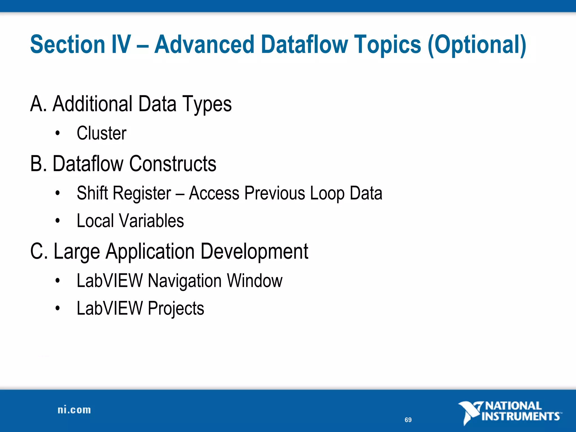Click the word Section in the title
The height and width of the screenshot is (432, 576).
click(67, 44)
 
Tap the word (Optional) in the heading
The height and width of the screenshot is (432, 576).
click(477, 45)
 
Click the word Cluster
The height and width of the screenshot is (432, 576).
click(102, 133)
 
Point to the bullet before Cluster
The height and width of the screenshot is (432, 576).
click(58, 133)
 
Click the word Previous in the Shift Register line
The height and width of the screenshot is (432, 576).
click(274, 193)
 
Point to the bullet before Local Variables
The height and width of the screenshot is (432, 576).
click(58, 221)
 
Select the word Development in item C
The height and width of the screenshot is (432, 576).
click(254, 251)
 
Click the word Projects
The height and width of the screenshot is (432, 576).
click(176, 309)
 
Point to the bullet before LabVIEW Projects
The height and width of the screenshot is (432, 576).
click(58, 309)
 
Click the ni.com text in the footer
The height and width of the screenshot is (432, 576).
click(74, 410)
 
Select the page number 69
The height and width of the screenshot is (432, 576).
click(408, 420)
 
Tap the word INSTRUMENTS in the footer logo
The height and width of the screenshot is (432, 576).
click(520, 417)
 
